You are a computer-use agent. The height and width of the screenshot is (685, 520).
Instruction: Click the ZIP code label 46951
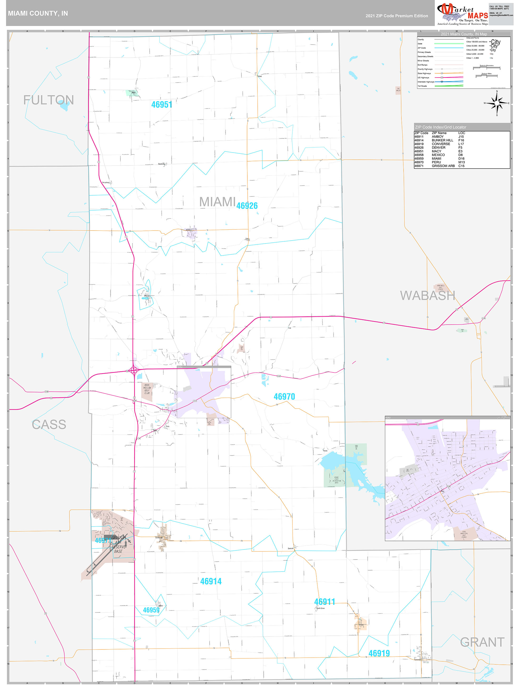click(162, 105)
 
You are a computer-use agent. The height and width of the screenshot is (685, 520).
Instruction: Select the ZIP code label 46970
click(284, 397)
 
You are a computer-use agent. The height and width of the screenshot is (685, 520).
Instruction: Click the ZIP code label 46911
click(324, 602)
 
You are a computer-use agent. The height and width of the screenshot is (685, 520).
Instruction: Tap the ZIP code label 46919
click(379, 653)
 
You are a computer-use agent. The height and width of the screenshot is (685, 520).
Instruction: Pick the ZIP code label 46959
click(151, 610)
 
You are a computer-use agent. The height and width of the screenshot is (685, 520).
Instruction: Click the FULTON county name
click(49, 100)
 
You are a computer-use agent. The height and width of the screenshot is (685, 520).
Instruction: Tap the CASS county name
click(49, 424)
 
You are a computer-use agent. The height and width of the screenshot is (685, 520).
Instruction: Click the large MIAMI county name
click(217, 202)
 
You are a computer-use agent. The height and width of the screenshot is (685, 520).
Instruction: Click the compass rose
click(497, 103)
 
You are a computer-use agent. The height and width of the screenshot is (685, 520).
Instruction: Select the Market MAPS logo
click(462, 14)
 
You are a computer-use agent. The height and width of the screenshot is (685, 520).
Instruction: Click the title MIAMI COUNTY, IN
click(38, 13)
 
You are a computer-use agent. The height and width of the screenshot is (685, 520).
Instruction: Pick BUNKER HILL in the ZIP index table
click(442, 140)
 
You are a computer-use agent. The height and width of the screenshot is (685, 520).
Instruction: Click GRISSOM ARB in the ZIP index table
click(443, 166)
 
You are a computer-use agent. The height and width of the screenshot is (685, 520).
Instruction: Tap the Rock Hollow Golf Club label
click(147, 389)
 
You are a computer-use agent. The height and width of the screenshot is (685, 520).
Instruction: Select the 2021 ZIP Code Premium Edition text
click(396, 16)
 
